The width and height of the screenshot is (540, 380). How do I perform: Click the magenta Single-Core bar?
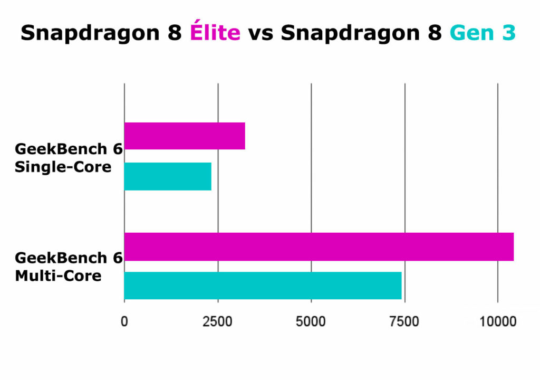185,136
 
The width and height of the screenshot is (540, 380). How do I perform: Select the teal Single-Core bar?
168,176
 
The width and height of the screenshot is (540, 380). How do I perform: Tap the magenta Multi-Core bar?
319,246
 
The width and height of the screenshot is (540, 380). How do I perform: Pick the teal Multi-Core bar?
263,286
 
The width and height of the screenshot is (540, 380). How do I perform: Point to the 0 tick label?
124,321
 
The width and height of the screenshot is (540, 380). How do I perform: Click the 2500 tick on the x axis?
218,321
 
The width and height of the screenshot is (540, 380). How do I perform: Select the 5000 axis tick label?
311,321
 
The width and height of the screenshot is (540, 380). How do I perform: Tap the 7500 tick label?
404,321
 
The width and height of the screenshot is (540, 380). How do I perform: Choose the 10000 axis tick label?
497,321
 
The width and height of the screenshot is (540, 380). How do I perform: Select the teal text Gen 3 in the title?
482,33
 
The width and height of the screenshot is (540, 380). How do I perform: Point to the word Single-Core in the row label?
63,167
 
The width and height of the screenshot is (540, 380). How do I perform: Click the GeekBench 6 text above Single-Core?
69,149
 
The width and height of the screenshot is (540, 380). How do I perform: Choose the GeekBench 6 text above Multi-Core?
69,258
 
